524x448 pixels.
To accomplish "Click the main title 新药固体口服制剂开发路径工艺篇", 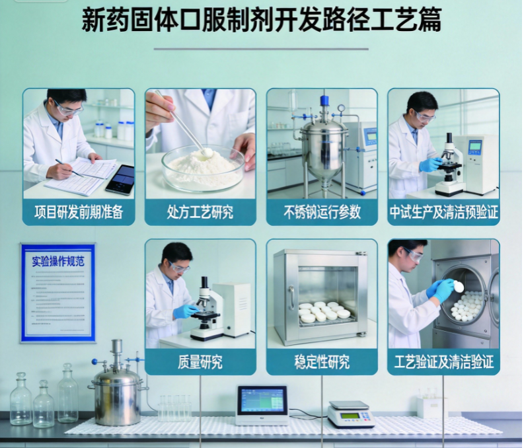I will pyautogui.click(x=262, y=20).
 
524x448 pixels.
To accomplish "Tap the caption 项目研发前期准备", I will pyautogui.click(x=79, y=212).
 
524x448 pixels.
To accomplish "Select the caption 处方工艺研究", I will pyautogui.click(x=200, y=212).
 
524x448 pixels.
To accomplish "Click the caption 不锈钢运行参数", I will pyautogui.click(x=322, y=212).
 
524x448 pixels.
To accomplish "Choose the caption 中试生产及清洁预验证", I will pyautogui.click(x=443, y=212).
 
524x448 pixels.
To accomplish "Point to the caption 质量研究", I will pyautogui.click(x=200, y=362).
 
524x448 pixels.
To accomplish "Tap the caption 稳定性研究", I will pyautogui.click(x=322, y=362).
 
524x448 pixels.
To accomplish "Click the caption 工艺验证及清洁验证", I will pyautogui.click(x=443, y=362).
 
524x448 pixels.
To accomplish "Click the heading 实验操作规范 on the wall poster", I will pyautogui.click(x=58, y=260).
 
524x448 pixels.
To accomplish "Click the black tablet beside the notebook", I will pyautogui.click(x=120, y=179).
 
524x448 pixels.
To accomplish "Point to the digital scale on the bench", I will pyautogui.click(x=350, y=414).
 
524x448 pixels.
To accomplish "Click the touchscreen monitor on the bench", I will pyautogui.click(x=262, y=404).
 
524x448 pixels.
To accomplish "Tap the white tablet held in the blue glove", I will pyautogui.click(x=459, y=286).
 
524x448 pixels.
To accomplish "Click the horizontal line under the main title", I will pyautogui.click(x=261, y=49).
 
